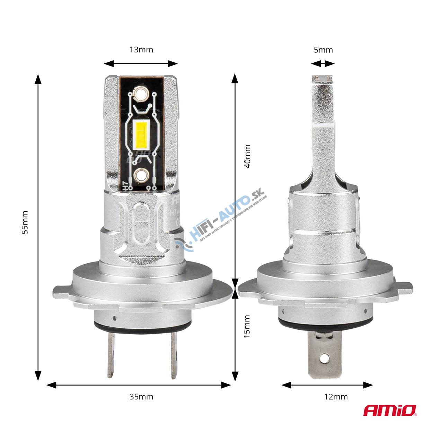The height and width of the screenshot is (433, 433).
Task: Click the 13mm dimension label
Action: pos(141,50)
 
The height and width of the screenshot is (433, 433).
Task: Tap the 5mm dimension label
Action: pos(323,50)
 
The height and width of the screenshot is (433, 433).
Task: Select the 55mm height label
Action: pos(25,222)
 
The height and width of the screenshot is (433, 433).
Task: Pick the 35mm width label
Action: pos(141,397)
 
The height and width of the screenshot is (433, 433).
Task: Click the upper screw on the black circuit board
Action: pos(141,94)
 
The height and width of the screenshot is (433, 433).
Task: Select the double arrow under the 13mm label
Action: pos(141,63)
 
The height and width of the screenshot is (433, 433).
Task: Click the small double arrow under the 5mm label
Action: pos(322,63)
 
